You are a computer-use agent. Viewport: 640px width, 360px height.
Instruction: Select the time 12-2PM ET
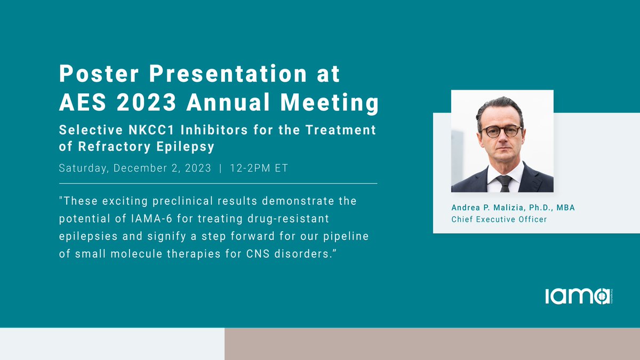pyautogui.click(x=259, y=169)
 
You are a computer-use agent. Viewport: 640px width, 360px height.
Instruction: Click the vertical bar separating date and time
pyautogui.click(x=220, y=169)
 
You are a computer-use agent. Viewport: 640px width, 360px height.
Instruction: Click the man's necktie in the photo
pyautogui.click(x=503, y=183)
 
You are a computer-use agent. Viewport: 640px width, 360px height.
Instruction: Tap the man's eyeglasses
pyautogui.click(x=501, y=131)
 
